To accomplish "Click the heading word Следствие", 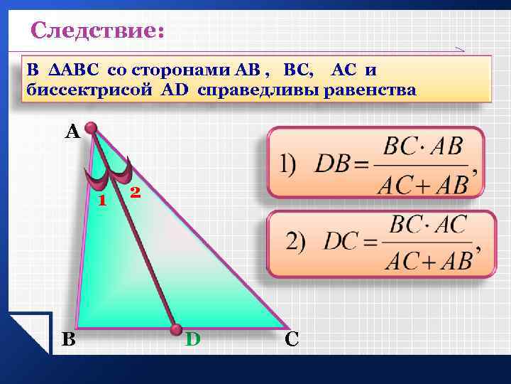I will [97, 31].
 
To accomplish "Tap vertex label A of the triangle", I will [72, 132].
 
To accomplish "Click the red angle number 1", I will [102, 201].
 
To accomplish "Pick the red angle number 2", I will [135, 192].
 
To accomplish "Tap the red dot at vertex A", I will [91, 128].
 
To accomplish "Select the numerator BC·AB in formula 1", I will [423, 149].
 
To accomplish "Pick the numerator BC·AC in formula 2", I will [428, 225].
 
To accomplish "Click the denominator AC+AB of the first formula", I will [423, 183].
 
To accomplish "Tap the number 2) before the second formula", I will [296, 242].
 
